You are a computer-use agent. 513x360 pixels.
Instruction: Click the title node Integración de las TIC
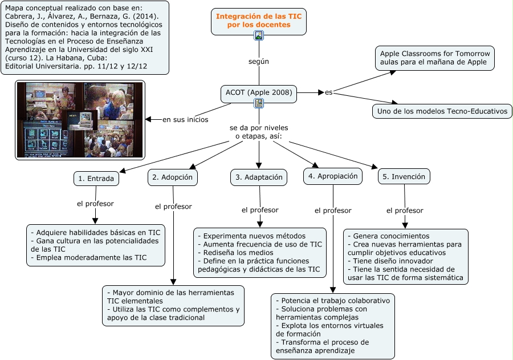[259, 21]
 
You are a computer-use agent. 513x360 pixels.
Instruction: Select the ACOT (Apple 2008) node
[259, 92]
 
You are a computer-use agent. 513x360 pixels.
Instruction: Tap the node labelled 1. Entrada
[96, 179]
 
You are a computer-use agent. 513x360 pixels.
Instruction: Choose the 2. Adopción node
[173, 177]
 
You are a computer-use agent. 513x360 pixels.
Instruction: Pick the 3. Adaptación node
[259, 177]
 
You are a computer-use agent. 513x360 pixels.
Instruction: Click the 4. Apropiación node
[333, 176]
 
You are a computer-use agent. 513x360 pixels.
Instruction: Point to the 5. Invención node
[404, 177]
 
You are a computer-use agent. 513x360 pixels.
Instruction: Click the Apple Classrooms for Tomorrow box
[434, 58]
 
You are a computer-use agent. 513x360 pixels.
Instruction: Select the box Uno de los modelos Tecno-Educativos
[442, 111]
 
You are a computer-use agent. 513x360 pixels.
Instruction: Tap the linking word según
[259, 61]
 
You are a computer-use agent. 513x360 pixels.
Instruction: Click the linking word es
[329, 92]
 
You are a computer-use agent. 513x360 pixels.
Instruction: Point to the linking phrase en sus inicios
[185, 120]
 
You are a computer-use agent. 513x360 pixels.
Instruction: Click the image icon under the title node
[259, 36]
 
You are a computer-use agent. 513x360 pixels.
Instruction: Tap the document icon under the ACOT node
[259, 103]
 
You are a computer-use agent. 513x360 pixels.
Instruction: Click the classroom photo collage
[80, 120]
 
